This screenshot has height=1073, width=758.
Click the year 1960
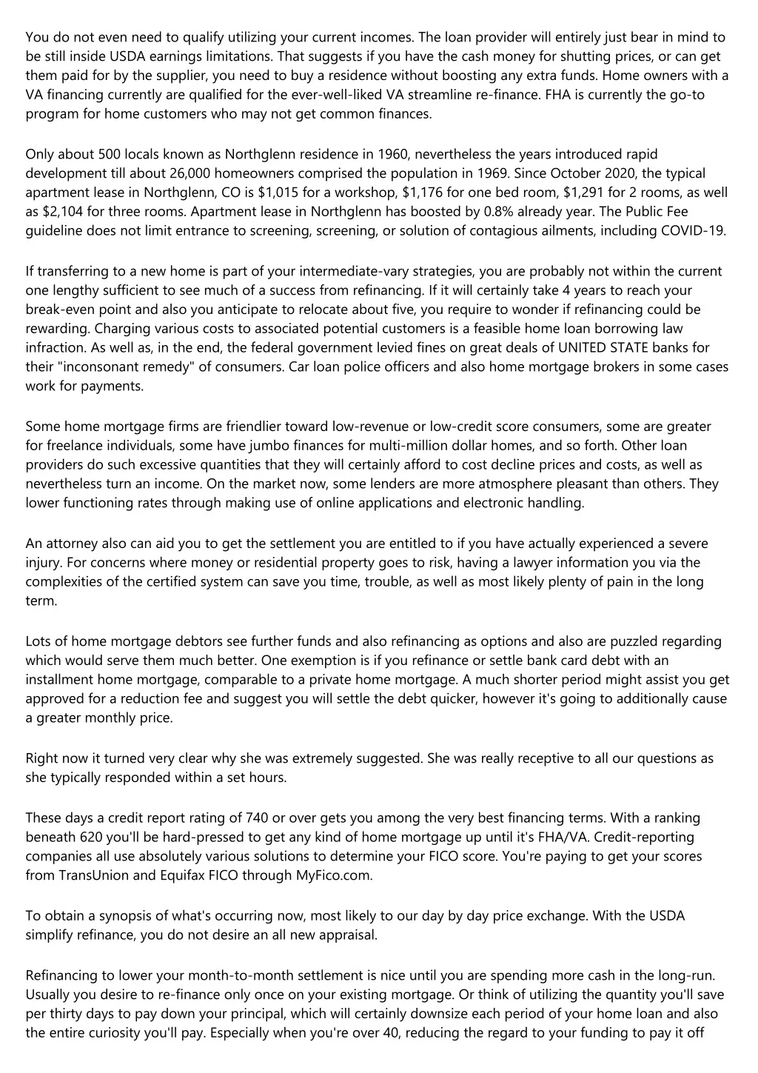[394, 154]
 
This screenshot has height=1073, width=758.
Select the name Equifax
[184, 876]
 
